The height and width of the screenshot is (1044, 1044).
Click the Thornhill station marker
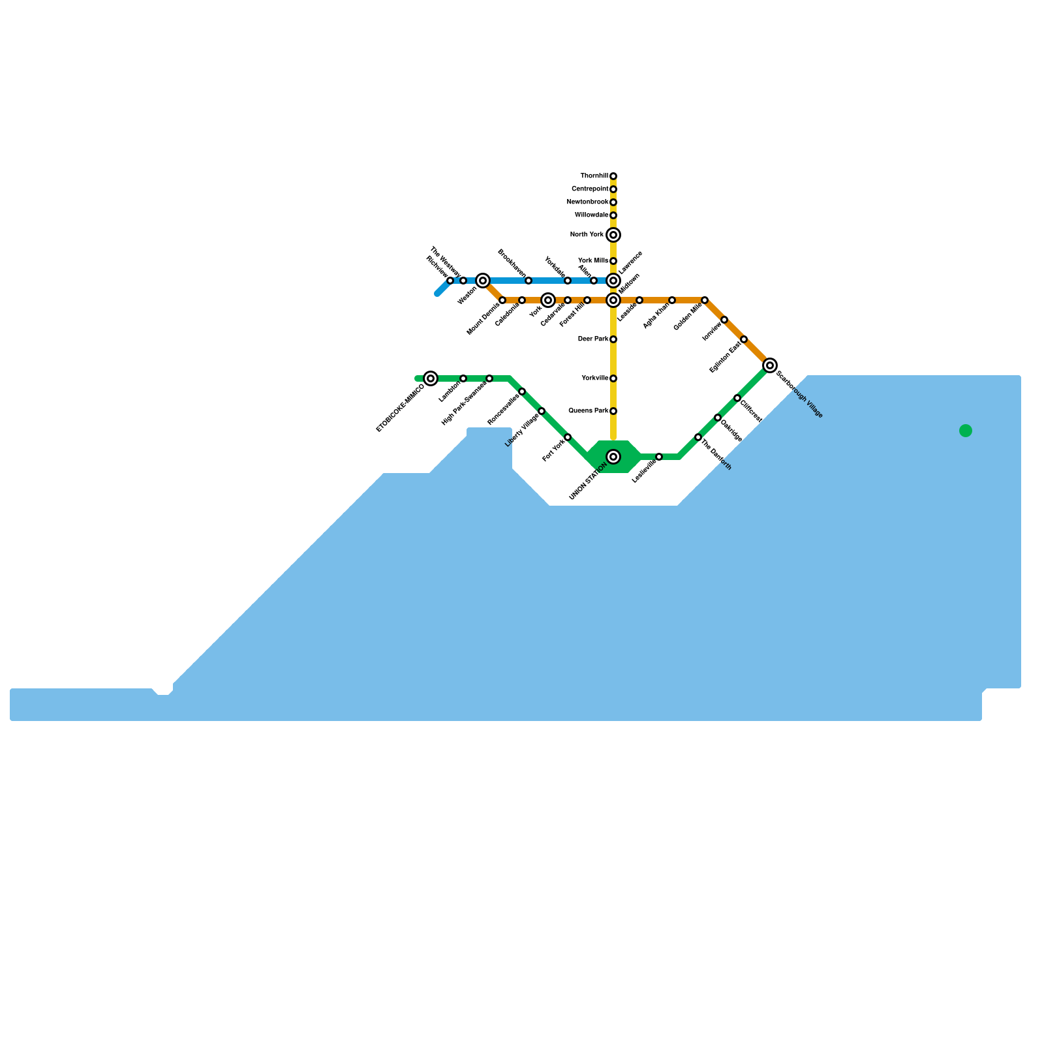tap(613, 176)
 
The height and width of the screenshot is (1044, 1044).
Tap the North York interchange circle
tap(613, 235)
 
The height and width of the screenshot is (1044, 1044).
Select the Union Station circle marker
tap(613, 457)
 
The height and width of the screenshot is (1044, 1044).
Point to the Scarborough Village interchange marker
tap(770, 365)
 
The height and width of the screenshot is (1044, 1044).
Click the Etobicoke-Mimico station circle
tap(431, 378)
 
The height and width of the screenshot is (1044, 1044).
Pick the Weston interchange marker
tap(483, 281)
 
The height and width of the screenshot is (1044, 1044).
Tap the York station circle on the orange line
tap(548, 300)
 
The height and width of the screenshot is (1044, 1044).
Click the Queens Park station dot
tap(613, 411)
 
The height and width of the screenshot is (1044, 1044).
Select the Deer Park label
tap(592, 339)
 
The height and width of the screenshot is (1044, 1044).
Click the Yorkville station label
tap(594, 378)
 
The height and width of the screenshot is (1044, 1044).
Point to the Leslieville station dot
tap(659, 457)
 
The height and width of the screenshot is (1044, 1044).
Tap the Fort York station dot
tap(568, 437)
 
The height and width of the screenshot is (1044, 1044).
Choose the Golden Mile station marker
tap(705, 300)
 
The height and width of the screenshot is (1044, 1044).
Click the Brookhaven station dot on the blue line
tap(529, 281)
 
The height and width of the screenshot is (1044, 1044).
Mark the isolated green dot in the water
tap(966, 431)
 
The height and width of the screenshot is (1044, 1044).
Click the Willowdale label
tap(591, 215)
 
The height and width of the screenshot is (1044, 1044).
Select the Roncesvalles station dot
tap(522, 391)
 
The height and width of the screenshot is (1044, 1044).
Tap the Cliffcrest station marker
tap(737, 398)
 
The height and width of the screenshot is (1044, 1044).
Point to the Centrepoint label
tap(590, 189)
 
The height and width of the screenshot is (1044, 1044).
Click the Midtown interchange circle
tap(613, 300)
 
